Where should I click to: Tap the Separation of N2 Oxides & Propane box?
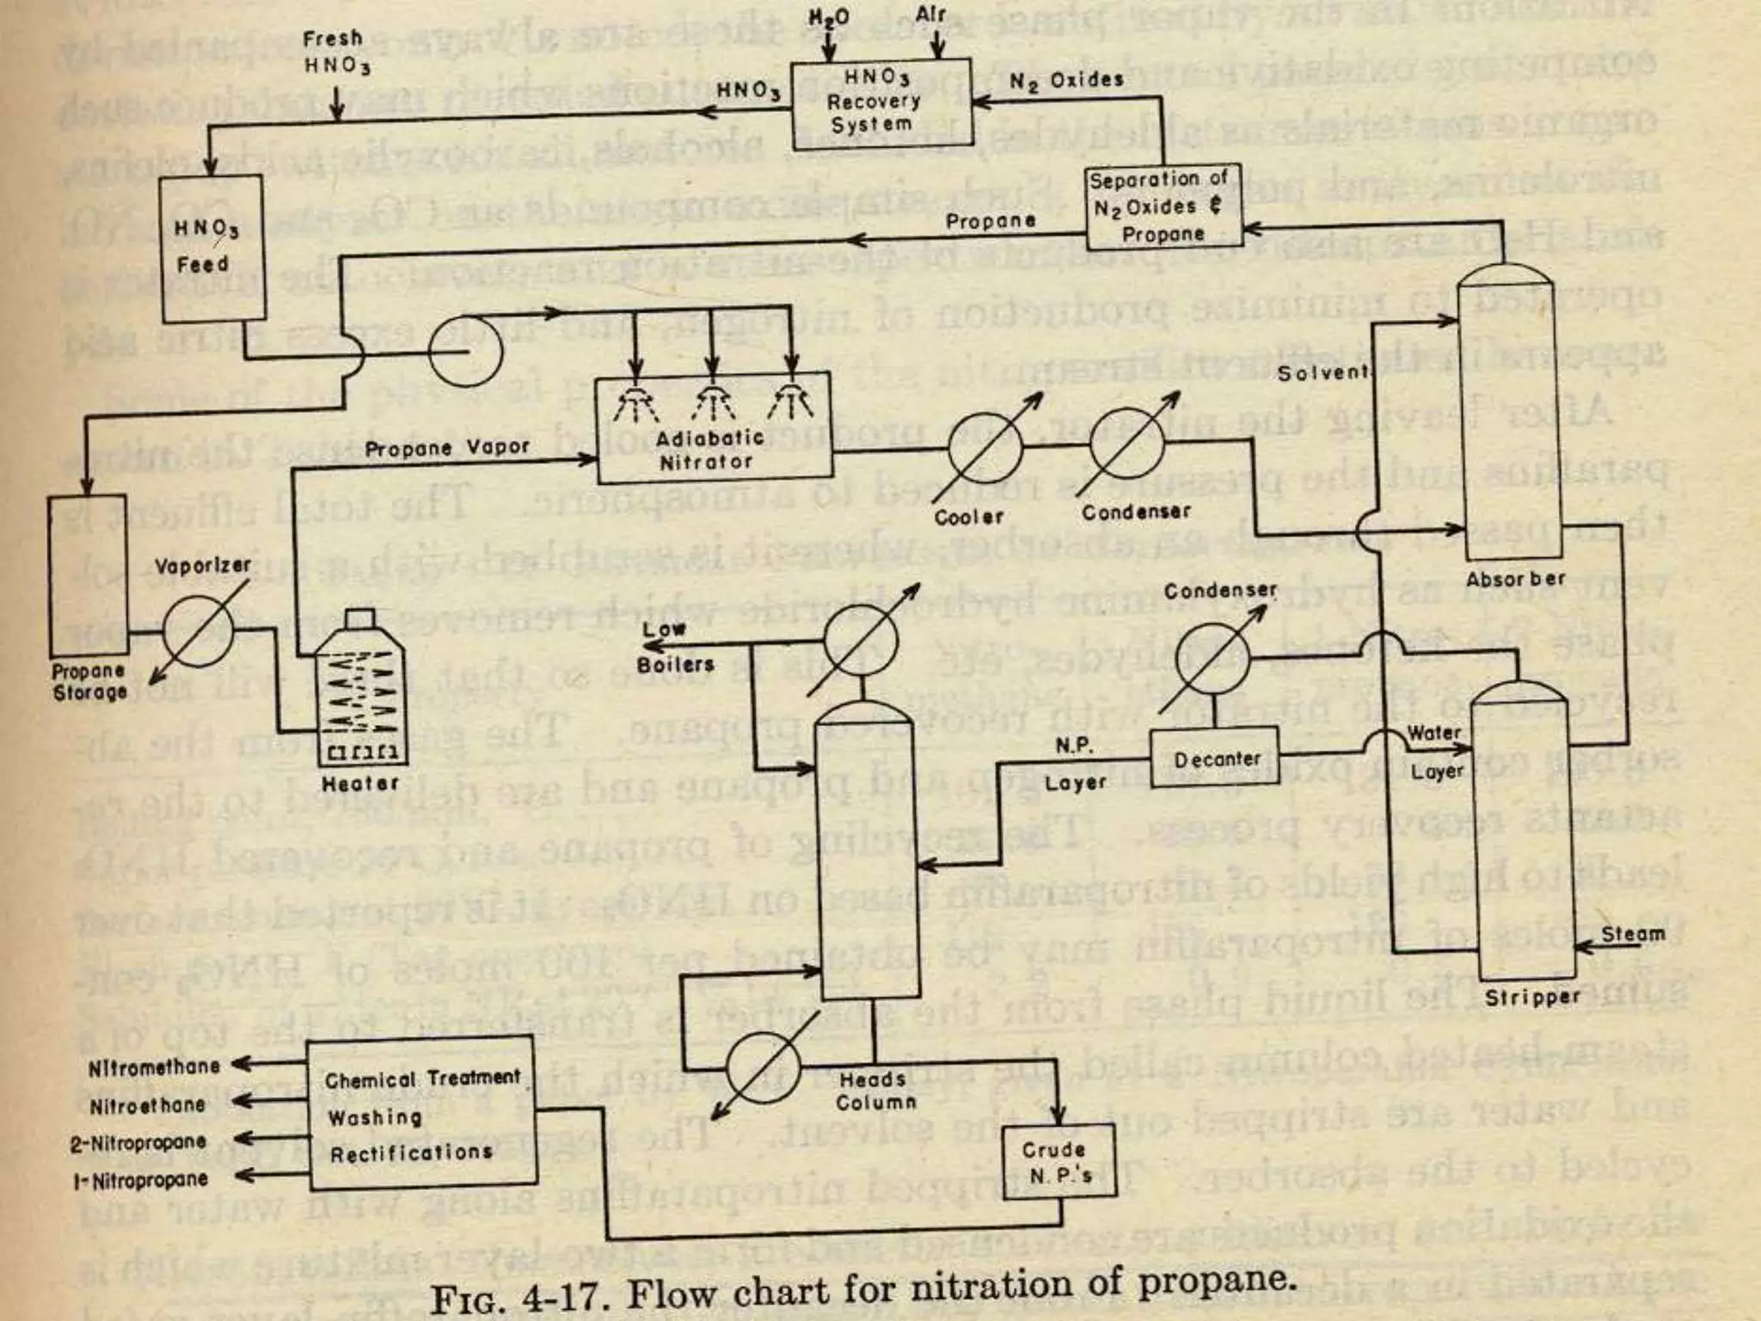tap(1163, 206)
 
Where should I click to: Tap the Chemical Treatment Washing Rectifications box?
tap(421, 1114)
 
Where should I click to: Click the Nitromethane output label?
tap(155, 1067)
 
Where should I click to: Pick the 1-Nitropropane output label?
tap(140, 1180)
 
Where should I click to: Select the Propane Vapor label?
tap(447, 448)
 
